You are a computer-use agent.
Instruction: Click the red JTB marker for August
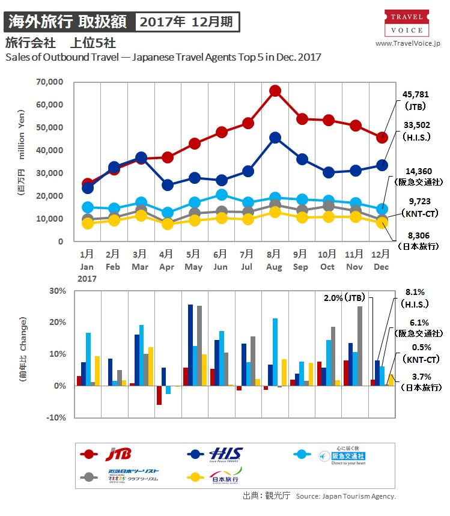click(x=275, y=91)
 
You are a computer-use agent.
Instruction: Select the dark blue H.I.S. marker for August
click(x=275, y=138)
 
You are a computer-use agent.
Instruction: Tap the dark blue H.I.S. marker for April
click(x=168, y=184)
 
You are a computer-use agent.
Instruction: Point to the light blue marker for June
click(x=222, y=195)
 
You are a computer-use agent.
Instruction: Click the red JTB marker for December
click(x=382, y=138)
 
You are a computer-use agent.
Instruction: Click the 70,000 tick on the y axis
click(x=50, y=82)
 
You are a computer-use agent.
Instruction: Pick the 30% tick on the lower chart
click(x=58, y=291)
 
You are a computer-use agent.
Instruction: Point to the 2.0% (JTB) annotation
click(x=347, y=297)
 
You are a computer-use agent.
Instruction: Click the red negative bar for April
click(x=159, y=395)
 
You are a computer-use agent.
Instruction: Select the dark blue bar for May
click(x=190, y=345)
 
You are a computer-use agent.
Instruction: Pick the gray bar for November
click(x=360, y=346)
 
